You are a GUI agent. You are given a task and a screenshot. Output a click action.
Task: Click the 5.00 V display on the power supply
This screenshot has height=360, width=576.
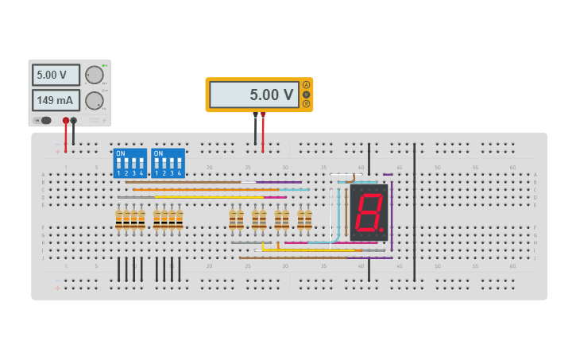click(x=56, y=75)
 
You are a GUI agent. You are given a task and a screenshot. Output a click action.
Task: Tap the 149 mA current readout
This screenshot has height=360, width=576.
click(x=56, y=100)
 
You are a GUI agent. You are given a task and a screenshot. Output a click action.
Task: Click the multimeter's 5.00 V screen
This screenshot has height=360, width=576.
click(x=254, y=95)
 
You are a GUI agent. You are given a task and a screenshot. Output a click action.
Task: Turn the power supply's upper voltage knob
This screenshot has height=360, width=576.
click(x=95, y=75)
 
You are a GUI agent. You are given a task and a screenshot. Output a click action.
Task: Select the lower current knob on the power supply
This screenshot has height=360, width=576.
click(x=95, y=100)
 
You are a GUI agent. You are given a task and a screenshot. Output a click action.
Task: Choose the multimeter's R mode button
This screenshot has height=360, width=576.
click(x=307, y=103)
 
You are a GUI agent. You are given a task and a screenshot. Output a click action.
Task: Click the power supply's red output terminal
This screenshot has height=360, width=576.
click(x=66, y=121)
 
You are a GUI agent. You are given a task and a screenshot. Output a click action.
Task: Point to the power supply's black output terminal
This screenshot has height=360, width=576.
click(x=74, y=121)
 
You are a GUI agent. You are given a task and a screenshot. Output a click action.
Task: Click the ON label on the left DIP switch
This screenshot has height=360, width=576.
click(x=120, y=153)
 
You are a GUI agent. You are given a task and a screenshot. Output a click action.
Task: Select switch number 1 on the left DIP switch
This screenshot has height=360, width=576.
click(x=118, y=170)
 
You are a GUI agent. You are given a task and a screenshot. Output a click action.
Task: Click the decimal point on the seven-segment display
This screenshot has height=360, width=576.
click(x=383, y=231)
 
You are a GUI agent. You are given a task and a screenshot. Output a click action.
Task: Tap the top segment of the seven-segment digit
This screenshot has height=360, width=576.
click(x=369, y=193)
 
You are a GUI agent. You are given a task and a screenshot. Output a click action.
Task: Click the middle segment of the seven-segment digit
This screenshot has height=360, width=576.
click(x=368, y=211)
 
